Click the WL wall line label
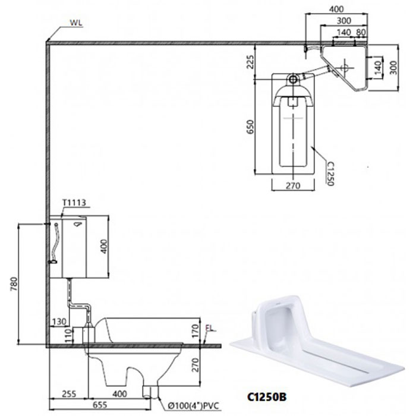76,23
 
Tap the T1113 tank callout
74,203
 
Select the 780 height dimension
14,284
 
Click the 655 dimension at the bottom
100,405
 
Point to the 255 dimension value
69,393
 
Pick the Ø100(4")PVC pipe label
194,406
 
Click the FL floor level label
210,328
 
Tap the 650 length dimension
250,127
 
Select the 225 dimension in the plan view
250,62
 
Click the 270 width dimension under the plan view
293,185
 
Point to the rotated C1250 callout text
330,174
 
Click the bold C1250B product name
267,397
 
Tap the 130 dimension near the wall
59,322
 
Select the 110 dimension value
68,336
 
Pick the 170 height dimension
196,331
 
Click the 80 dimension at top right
361,32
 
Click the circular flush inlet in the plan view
293,79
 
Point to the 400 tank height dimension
104,247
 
